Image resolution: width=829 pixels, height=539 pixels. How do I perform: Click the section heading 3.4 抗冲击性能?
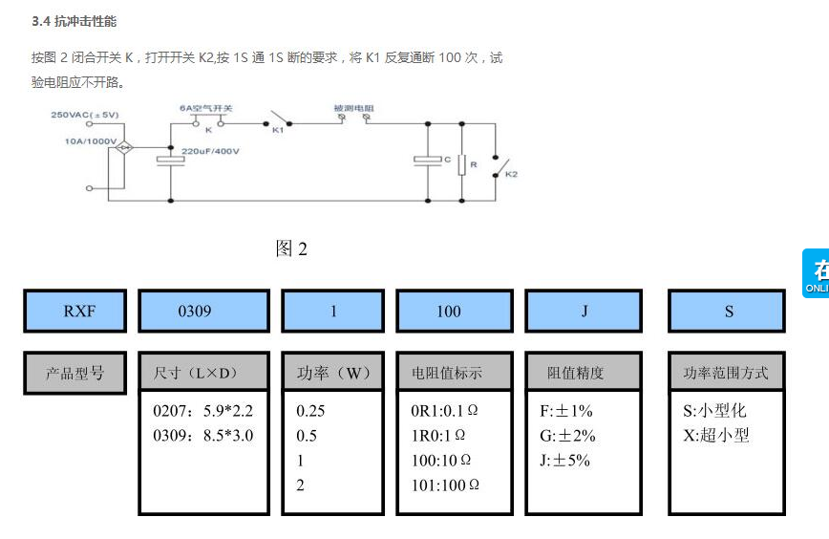74,20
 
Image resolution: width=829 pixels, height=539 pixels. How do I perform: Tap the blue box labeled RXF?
74,311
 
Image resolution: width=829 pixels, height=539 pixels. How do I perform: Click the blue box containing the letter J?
583,311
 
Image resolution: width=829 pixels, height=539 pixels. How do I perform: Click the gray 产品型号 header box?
74,373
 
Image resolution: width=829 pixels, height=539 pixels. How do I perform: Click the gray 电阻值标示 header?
454,373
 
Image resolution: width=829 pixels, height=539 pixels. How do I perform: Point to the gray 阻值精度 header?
583,373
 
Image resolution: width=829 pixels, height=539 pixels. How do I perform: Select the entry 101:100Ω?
444,485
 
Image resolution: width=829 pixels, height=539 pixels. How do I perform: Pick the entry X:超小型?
716,436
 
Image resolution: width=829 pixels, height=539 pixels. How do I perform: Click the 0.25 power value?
310,412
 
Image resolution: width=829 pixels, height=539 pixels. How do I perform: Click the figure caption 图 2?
291,249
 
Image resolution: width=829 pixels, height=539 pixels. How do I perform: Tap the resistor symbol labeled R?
460,165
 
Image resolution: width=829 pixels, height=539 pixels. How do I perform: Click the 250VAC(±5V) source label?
85,115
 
